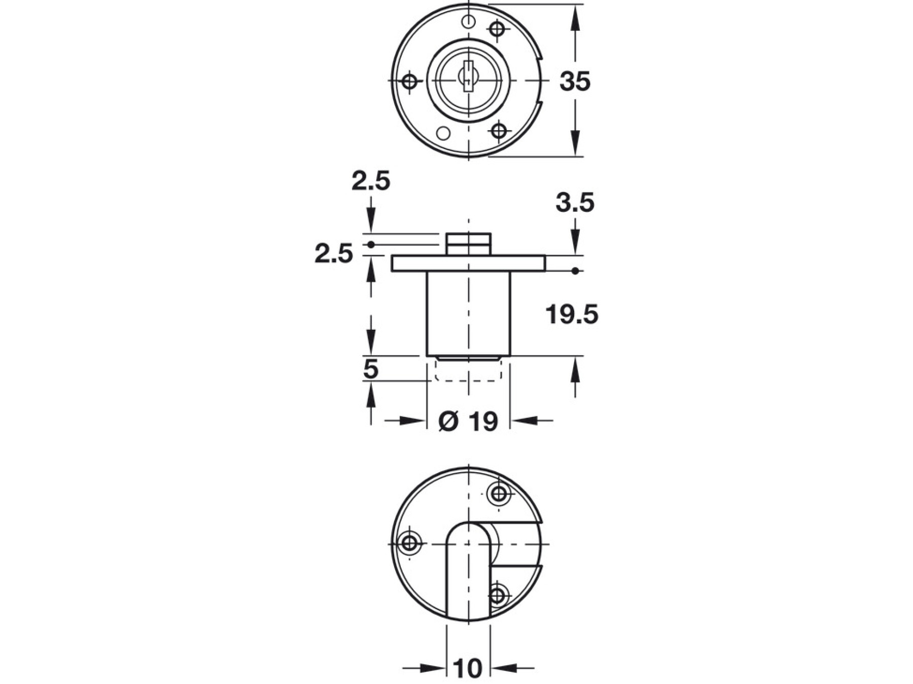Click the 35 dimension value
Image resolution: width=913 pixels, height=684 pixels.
click(575, 81)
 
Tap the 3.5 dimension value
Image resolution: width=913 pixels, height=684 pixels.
click(575, 203)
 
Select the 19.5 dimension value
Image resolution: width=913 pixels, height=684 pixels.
click(572, 315)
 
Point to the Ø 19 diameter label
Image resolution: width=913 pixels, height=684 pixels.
click(468, 421)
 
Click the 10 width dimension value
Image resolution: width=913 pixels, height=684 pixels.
click(468, 669)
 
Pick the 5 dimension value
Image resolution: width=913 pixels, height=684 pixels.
click(371, 369)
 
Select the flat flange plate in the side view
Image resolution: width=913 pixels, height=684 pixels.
click(468, 263)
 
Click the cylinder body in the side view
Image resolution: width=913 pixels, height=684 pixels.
click(468, 314)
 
